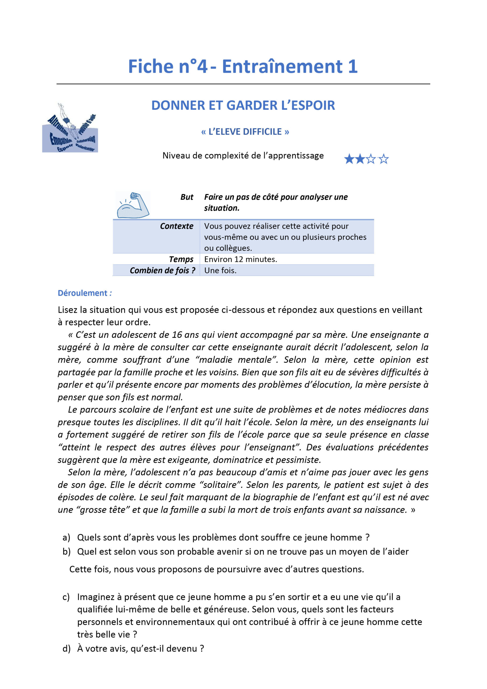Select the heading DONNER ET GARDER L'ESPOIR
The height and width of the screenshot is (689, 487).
point(243,105)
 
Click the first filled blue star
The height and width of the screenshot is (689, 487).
point(349,159)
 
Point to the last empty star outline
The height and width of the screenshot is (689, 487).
point(383,159)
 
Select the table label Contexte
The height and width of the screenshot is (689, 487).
point(177,226)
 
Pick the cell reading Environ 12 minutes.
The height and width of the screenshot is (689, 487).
point(241,259)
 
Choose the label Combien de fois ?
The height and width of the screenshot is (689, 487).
point(162,270)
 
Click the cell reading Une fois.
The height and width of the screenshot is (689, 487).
point(220,270)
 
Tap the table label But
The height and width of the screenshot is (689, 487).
point(187,197)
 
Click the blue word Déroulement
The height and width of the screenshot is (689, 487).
point(82,293)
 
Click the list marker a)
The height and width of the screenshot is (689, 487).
point(66,537)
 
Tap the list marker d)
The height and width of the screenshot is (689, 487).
point(66,648)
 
